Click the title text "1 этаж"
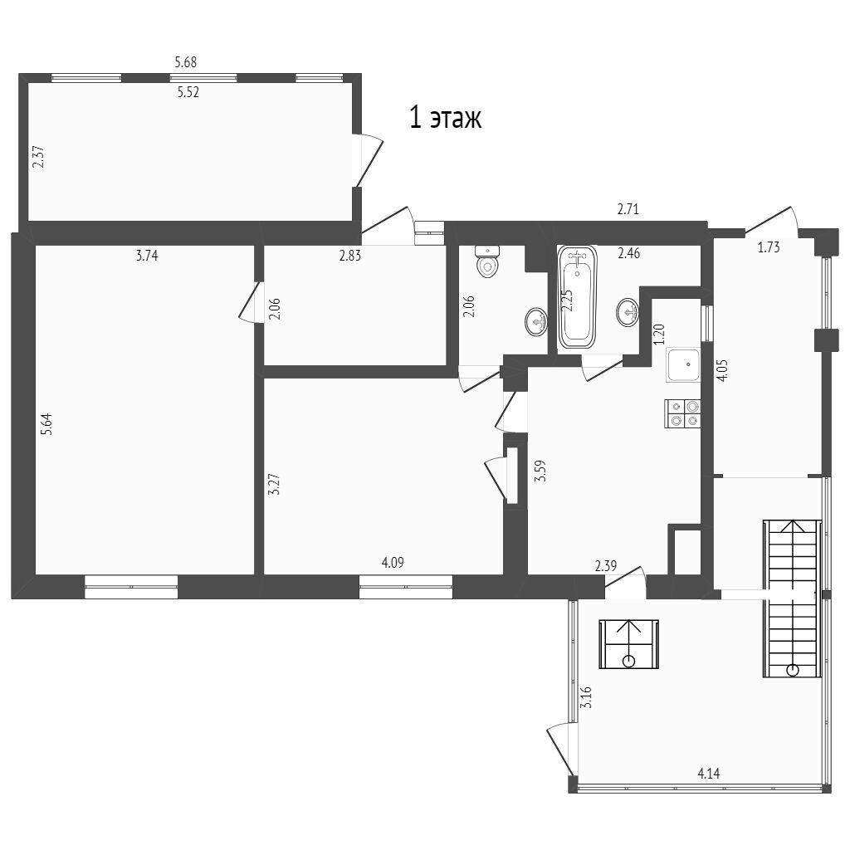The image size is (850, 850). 445,118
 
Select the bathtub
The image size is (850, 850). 577,297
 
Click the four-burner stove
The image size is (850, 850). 683,413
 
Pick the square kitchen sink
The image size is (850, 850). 683,365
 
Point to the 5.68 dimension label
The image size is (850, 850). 185,62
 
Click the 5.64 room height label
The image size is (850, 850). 47,424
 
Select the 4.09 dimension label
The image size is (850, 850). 393,563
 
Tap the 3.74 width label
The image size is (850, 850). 147,256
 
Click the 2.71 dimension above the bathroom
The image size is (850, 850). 628,209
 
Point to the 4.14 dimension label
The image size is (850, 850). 709,774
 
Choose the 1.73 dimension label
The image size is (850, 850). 768,247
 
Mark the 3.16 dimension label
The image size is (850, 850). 585,697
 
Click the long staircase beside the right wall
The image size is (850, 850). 793,598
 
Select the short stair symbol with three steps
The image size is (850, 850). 629,644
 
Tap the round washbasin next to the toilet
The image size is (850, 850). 537,322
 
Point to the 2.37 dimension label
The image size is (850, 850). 38,157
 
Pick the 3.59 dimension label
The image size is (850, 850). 540,471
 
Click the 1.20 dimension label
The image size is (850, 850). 659,335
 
